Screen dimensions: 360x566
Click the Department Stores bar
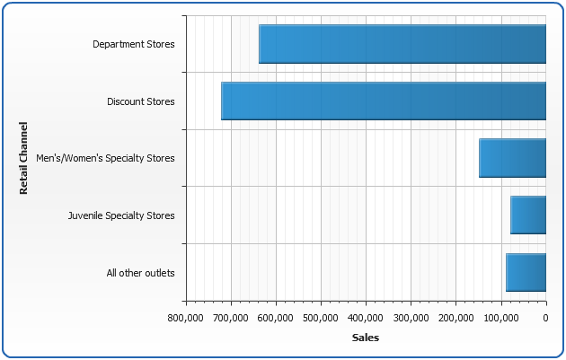[402, 44]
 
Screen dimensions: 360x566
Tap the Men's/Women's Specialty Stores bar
[512, 158]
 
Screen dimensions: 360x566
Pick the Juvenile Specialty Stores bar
[528, 215]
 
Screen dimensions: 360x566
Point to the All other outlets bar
[526, 272]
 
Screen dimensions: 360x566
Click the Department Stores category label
[134, 44]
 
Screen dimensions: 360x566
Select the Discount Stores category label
[141, 101]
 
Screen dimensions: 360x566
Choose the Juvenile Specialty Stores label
[121, 215]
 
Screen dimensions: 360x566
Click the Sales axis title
[366, 338]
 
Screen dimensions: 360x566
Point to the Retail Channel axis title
[24, 158]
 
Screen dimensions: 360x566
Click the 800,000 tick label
[186, 318]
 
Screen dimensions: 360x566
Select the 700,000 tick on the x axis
[231, 318]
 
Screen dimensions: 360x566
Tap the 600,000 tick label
[276, 318]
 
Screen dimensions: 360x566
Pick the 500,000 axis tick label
[321, 318]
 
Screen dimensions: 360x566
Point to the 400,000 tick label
[366, 318]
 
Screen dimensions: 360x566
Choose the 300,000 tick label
[411, 318]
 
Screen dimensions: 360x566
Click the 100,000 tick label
[500, 318]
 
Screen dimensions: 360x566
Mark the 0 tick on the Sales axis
[545, 318]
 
